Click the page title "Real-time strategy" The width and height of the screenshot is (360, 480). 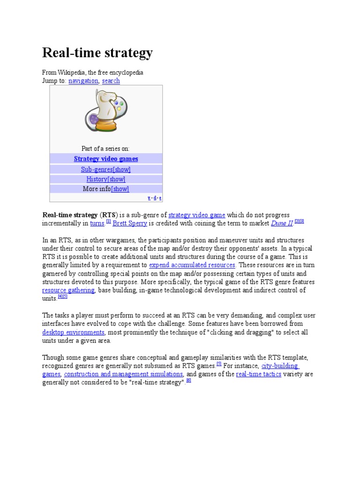[97, 53]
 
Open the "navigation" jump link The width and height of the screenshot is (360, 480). [83, 81]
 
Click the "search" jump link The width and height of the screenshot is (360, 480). [111, 81]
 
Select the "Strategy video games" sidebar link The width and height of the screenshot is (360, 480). [106, 159]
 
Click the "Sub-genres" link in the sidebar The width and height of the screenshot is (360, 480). [97, 169]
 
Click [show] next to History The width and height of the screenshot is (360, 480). [117, 179]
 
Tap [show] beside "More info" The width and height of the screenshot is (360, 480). [120, 189]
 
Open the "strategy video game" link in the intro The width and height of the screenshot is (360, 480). [197, 215]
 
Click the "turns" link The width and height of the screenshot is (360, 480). [97, 224]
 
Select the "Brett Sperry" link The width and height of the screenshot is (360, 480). [130, 224]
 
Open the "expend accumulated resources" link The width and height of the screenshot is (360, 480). [192, 265]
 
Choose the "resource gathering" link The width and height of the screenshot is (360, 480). [68, 290]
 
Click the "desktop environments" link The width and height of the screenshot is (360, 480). [74, 332]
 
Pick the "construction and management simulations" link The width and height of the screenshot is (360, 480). [123, 374]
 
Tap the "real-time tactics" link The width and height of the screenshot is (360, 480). [259, 374]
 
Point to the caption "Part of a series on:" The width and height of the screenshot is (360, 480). [105, 149]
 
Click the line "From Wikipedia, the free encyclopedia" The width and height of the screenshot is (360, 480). [93, 73]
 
